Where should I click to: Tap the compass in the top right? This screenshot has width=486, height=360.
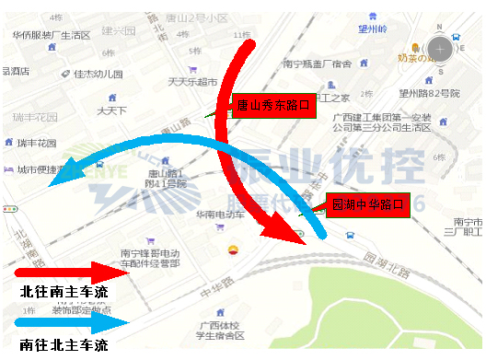click(440, 48)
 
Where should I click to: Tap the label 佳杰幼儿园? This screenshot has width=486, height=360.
click(98, 74)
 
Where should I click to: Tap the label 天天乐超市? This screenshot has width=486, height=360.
click(191, 82)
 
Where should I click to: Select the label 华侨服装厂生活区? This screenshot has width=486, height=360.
click(52, 35)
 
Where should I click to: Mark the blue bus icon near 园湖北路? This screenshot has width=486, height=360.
click(352, 235)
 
